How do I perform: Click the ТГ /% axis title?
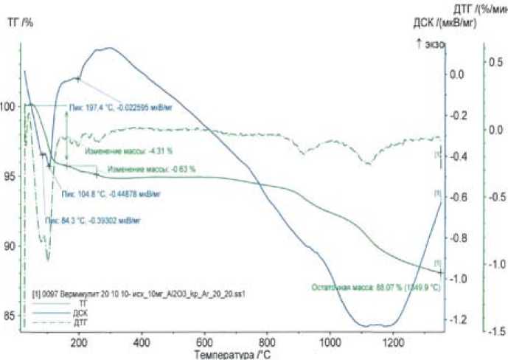tap(20, 23)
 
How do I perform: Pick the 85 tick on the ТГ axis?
tap(10, 316)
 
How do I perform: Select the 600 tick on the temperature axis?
tap(206, 342)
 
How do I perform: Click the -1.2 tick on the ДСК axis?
tap(459, 319)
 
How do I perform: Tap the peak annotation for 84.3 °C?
tap(93, 220)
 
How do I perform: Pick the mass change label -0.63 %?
tap(151, 169)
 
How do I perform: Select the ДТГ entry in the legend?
tap(87, 321)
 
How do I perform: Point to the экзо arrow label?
tap(430, 44)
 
